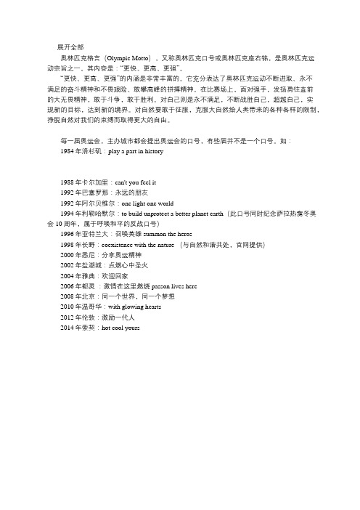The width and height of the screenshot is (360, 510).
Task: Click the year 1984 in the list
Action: tap(71, 133)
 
